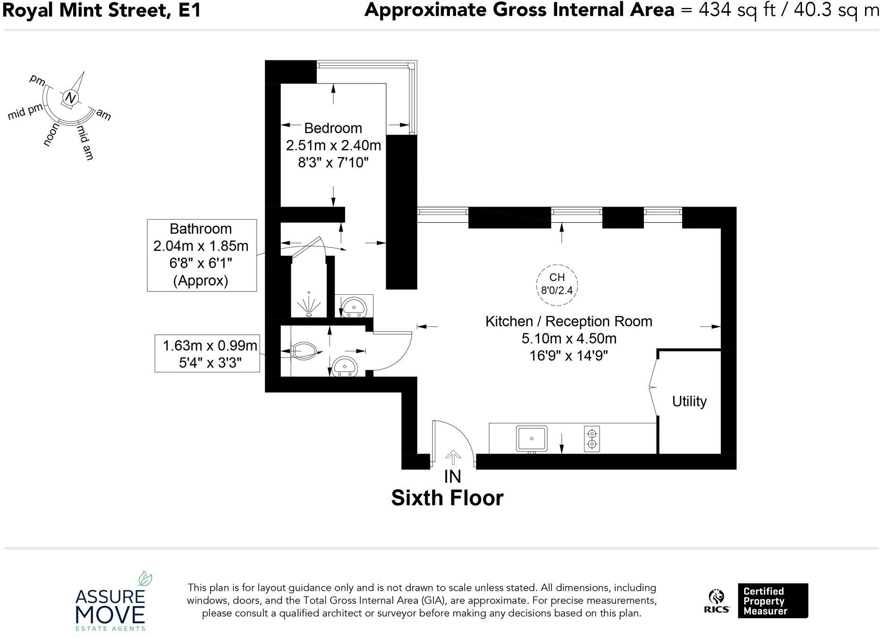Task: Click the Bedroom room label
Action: click(333, 128)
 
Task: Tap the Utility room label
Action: click(689, 401)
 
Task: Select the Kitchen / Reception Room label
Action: click(569, 322)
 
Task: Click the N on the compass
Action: click(70, 98)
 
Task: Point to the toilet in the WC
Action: click(305, 351)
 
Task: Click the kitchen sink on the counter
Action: click(532, 439)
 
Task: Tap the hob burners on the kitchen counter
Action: click(592, 439)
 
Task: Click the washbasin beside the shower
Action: click(353, 307)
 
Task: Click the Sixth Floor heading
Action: click(448, 498)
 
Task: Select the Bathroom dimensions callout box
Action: click(202, 255)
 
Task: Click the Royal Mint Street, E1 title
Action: click(102, 10)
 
